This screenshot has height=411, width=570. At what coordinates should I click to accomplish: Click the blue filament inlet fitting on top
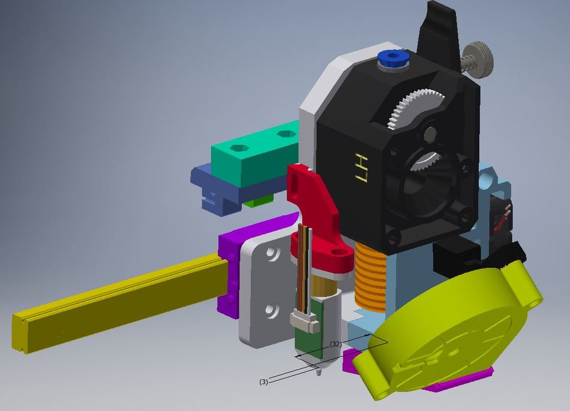393,57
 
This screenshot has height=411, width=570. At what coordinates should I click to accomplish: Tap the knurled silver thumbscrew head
480,57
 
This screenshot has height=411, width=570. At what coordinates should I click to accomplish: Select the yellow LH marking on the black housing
362,167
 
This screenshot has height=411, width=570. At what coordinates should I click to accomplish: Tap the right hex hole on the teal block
286,134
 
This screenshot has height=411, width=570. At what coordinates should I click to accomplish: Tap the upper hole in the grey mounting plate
272,253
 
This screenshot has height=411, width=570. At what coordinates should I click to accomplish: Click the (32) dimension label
335,344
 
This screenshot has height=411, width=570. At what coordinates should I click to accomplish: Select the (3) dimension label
264,381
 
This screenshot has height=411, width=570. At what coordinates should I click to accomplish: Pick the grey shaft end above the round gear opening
430,134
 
